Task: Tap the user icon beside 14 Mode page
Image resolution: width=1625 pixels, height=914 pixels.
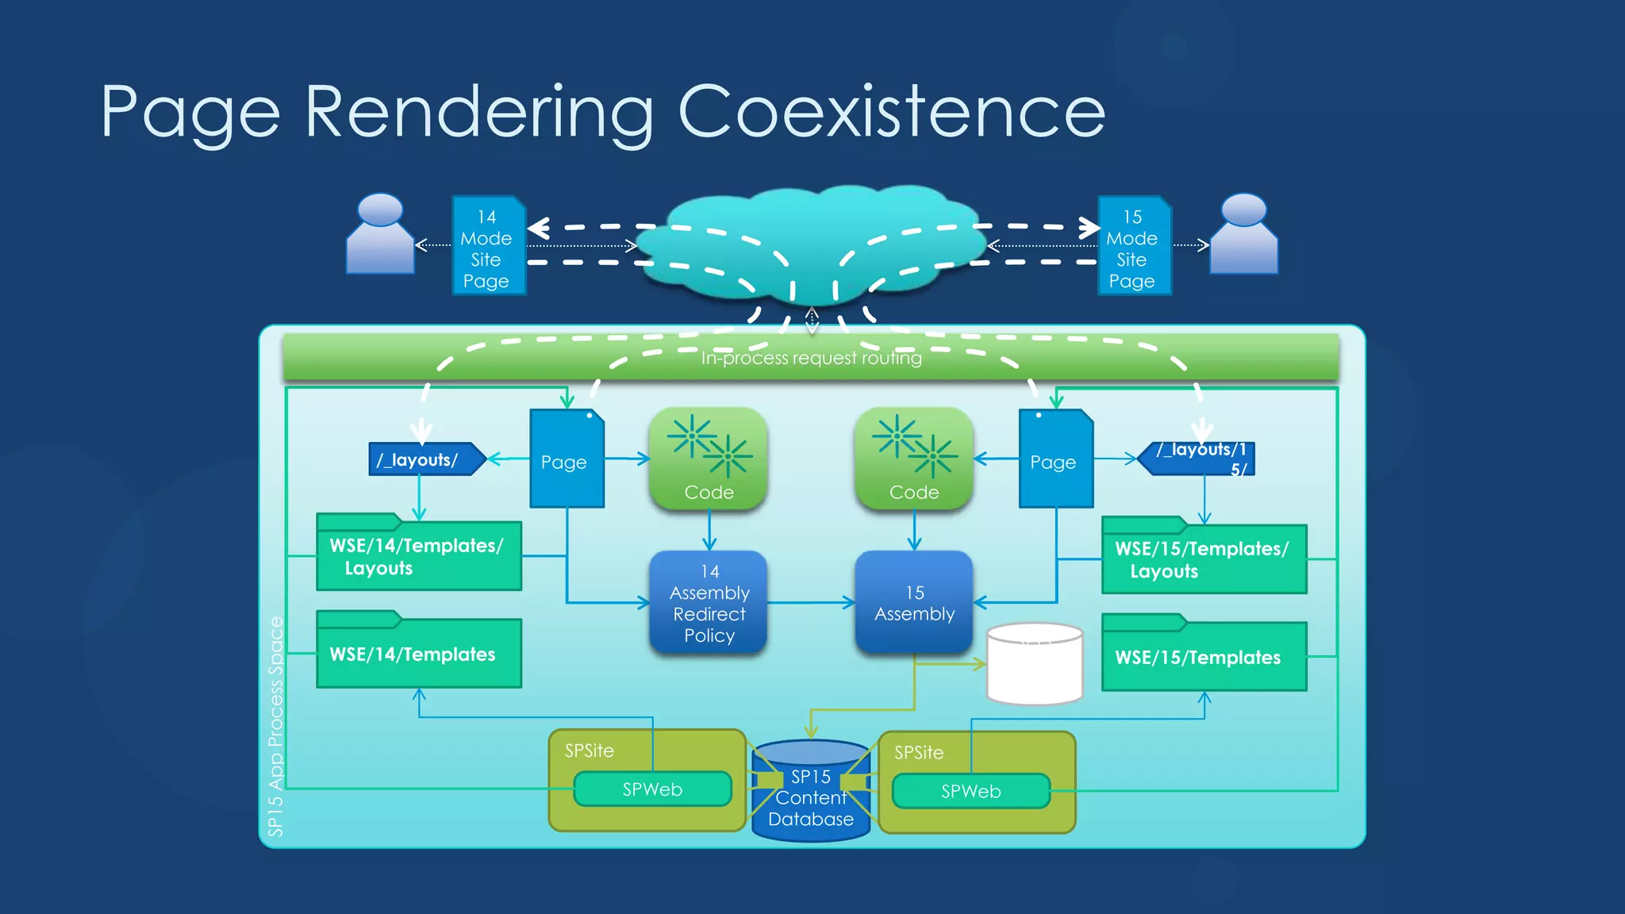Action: (381, 235)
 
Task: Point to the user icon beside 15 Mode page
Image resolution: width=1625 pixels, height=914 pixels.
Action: (1243, 235)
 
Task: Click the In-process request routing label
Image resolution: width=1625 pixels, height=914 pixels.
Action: (811, 359)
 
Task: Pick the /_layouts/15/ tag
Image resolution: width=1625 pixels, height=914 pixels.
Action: (1198, 459)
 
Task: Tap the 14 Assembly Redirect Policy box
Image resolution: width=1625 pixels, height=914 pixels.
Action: (709, 603)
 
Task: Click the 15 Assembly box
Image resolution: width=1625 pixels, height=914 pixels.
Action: (914, 603)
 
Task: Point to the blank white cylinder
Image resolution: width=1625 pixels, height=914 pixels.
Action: (1035, 665)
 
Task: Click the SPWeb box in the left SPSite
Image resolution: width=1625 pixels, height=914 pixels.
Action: (652, 789)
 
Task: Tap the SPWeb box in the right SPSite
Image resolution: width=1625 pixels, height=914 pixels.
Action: (970, 791)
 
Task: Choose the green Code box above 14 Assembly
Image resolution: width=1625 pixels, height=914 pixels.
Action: (709, 459)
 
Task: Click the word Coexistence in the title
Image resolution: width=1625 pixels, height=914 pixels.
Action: (890, 113)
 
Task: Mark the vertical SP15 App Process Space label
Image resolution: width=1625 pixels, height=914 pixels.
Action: (275, 726)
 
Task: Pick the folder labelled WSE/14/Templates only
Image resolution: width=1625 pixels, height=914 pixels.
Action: (418, 653)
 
